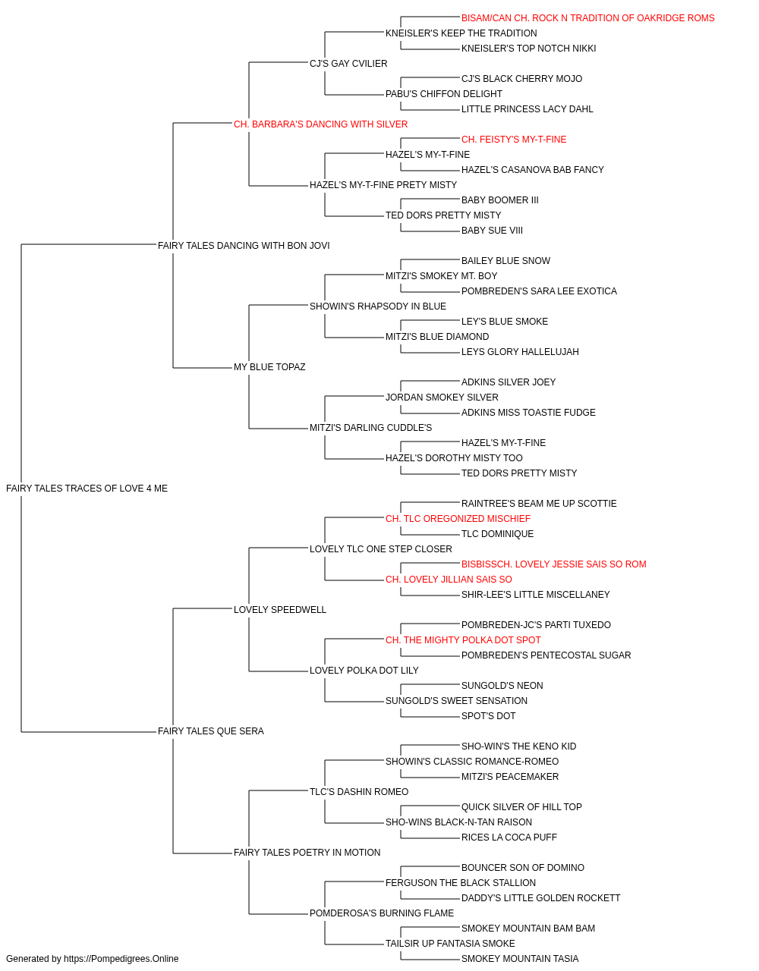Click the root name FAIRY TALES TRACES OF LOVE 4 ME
[87, 489]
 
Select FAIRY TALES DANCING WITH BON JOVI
[244, 245]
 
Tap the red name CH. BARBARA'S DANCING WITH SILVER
[320, 124]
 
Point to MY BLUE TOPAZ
[269, 367]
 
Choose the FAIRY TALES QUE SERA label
[210, 731]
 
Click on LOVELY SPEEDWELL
[280, 609]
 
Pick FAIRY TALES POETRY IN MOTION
[307, 852]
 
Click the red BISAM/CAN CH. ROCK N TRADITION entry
[587, 18]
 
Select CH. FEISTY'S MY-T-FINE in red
[514, 140]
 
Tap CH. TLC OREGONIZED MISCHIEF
[458, 518]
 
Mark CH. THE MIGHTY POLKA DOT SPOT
[463, 640]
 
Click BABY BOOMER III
[499, 200]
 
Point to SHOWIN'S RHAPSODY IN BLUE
[378, 306]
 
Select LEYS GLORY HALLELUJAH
[520, 352]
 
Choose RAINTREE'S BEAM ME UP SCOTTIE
[539, 503]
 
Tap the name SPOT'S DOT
[488, 716]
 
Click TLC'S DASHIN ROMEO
[359, 791]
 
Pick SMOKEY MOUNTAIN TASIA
[520, 959]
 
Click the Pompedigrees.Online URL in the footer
[121, 959]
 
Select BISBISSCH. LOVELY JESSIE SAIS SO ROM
[554, 564]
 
